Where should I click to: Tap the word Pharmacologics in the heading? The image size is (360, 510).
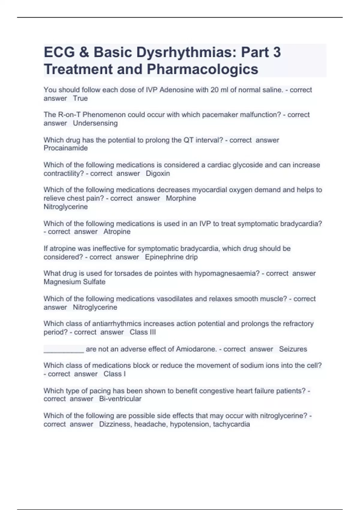(202, 69)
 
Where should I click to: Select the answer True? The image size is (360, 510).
(80, 98)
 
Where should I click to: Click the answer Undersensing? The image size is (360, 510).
(95, 123)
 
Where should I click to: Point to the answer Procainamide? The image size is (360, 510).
(66, 148)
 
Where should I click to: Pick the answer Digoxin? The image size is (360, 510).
(158, 173)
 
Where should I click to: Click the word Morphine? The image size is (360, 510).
(181, 198)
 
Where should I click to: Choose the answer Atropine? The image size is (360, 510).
(117, 232)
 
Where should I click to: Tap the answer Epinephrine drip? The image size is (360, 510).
(171, 257)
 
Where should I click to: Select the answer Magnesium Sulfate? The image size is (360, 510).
(74, 282)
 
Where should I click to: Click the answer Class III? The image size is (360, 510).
(143, 332)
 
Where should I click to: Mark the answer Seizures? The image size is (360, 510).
(293, 349)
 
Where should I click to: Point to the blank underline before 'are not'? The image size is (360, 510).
(64, 350)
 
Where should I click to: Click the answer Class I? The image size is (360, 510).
(115, 374)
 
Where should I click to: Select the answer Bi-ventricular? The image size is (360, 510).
(120, 399)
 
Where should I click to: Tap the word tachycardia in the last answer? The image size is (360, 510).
(231, 424)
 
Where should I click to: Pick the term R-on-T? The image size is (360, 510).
(67, 115)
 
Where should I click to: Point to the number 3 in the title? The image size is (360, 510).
(277, 52)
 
